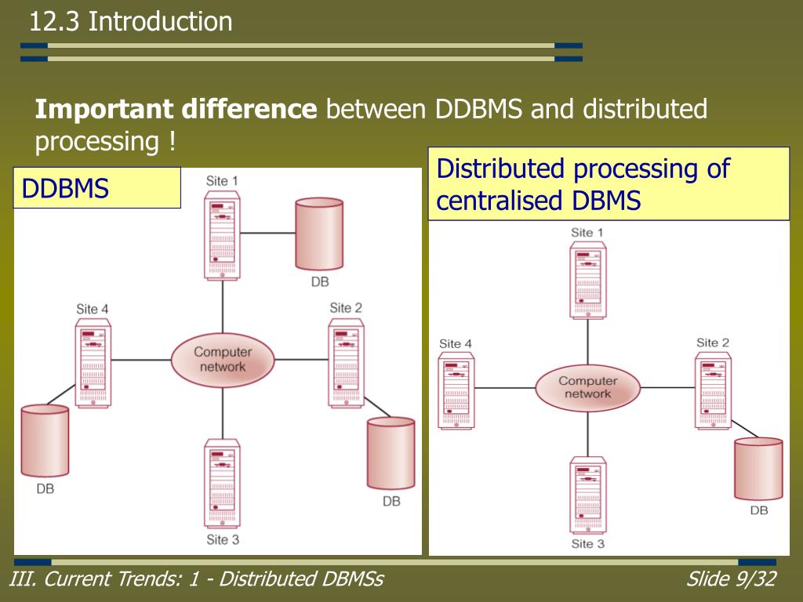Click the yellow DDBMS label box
point(97,187)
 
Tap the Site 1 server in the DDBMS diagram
point(223,236)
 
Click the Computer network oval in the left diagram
point(223,360)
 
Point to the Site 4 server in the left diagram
point(93,364)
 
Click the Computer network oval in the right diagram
point(588,387)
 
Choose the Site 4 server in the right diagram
point(456,390)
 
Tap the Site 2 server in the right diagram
point(712,390)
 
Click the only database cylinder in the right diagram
point(758,469)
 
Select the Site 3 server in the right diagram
point(588,494)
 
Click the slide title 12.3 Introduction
point(131,21)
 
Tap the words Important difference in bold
point(176,110)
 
